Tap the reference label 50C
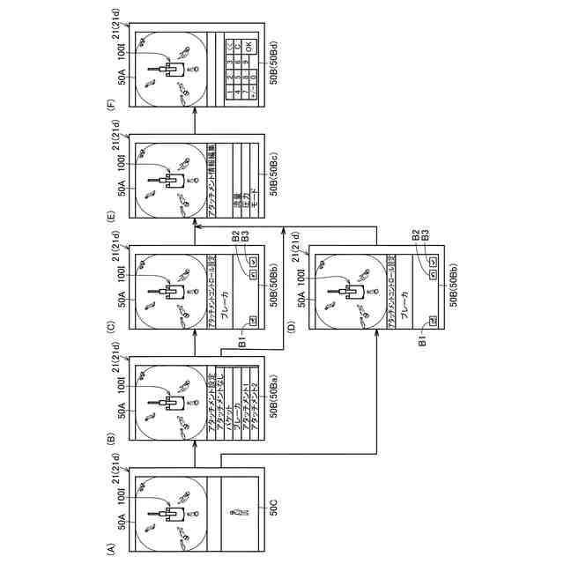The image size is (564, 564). click(x=273, y=508)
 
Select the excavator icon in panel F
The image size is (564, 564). click(x=170, y=68)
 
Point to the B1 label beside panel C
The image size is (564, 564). click(x=241, y=338)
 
